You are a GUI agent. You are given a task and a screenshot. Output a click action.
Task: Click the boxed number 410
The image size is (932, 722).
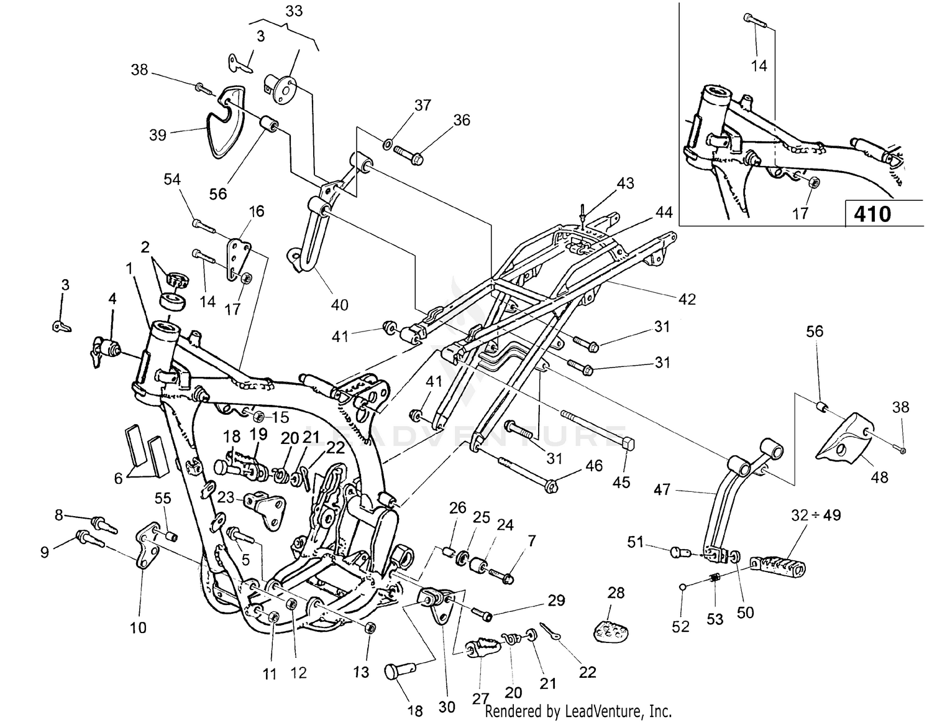point(872,214)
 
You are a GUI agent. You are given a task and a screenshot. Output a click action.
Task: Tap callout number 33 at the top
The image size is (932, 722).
point(294,11)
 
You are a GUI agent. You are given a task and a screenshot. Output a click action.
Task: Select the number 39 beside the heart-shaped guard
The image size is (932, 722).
point(158,134)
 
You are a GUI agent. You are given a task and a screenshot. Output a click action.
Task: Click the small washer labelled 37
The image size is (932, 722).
point(386,146)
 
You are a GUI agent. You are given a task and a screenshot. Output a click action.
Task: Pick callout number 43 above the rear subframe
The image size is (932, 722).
point(625,183)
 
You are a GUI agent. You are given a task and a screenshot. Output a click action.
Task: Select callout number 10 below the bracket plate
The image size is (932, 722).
point(138,627)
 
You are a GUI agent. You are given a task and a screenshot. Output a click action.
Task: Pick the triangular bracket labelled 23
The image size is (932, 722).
point(264,507)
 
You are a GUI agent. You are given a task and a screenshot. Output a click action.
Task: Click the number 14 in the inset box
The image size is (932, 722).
point(759,65)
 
